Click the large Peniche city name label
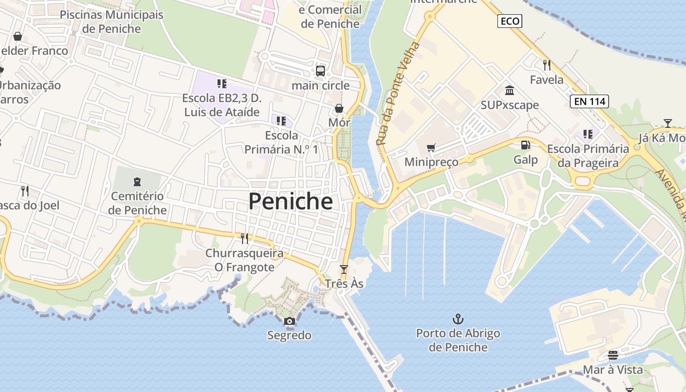click(291, 201)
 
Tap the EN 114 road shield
click(589, 101)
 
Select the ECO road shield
click(510, 21)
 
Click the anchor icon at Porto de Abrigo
click(458, 319)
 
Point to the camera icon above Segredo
click(290, 321)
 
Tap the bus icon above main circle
click(320, 71)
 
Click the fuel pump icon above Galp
click(525, 145)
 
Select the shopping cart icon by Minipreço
click(431, 147)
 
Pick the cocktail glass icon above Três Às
click(344, 269)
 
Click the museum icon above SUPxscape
click(510, 90)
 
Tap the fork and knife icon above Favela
click(547, 65)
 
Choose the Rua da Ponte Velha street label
click(398, 93)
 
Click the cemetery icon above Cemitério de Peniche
click(137, 182)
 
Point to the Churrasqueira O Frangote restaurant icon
click(244, 239)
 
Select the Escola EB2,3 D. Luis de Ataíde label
click(221, 105)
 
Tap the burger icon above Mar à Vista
click(612, 355)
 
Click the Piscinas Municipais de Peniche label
click(112, 22)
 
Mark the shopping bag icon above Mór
click(339, 108)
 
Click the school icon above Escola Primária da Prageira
click(588, 134)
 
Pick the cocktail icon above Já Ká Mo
click(667, 123)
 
